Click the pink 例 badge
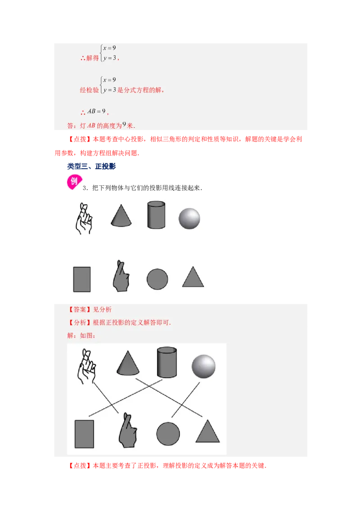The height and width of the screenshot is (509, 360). click(74, 182)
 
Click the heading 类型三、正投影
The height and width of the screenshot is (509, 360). click(91, 166)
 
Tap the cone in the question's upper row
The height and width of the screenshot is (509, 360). click(121, 215)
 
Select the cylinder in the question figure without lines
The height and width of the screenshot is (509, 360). click(156, 215)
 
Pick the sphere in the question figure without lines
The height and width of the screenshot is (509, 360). click(189, 219)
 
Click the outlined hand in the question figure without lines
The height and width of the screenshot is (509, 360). click(84, 219)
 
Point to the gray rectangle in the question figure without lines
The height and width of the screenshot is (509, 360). click(82, 279)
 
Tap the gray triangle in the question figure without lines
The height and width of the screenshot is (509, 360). click(193, 277)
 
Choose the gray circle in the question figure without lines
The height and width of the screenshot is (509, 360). click(157, 279)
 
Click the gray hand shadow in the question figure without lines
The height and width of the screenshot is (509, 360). click(121, 276)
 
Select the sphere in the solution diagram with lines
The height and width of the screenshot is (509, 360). click(203, 366)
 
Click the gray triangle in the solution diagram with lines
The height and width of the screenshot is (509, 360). click(207, 432)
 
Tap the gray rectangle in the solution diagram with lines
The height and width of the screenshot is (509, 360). click(85, 434)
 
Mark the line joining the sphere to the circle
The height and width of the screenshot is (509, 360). click(185, 400)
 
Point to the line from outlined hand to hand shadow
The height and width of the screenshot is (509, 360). click(106, 398)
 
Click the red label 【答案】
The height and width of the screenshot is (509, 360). click(79, 309)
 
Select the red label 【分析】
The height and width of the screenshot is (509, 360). click(79, 322)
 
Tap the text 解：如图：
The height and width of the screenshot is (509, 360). click(81, 335)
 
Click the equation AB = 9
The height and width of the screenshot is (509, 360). click(96, 111)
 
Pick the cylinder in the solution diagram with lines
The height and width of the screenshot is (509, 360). click(166, 362)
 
